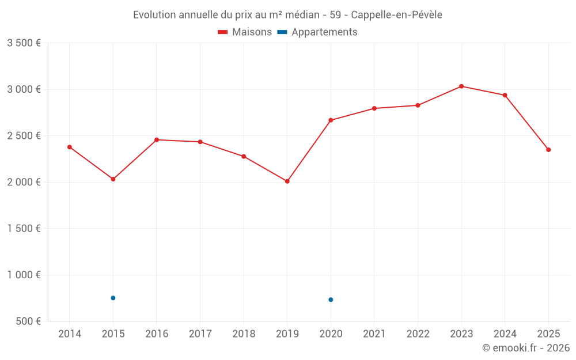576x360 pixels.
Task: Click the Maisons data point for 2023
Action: pos(461,86)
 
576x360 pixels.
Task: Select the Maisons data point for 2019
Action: pos(287,181)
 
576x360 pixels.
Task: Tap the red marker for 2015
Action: pos(113,179)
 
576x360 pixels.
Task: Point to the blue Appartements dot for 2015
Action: pos(113,298)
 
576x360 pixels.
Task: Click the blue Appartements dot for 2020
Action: pos(331,300)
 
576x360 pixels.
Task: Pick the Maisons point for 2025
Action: pos(548,150)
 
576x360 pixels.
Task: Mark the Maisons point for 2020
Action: pos(331,120)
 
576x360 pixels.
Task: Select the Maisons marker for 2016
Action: pos(157,140)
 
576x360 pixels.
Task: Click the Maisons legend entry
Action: pos(245,32)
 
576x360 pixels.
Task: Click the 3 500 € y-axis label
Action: pos(24,43)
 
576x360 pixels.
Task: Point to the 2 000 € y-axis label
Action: pos(24,182)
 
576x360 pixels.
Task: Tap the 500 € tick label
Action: pos(28,321)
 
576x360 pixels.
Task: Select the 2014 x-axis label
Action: pos(70,334)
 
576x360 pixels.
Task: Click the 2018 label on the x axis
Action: pos(244,334)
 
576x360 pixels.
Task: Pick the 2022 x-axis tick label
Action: pos(418,334)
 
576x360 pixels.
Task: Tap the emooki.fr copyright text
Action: pos(526,348)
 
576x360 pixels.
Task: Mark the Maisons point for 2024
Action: pos(505,96)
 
